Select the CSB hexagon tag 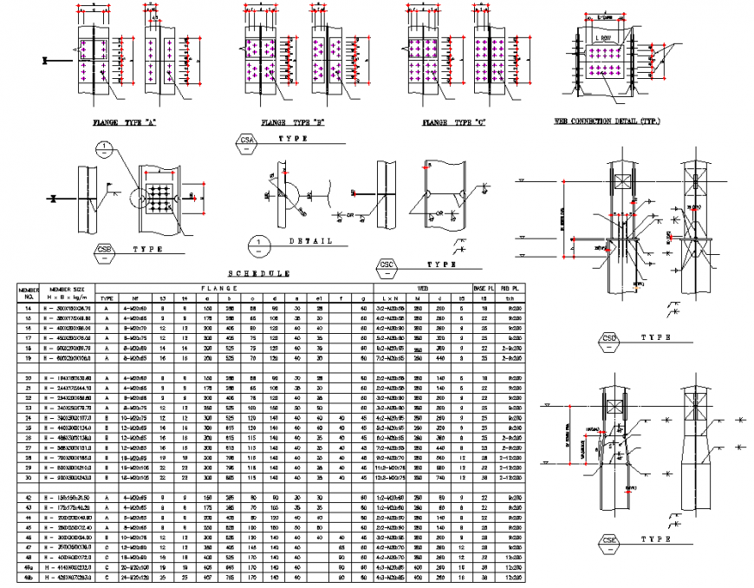point(105,252)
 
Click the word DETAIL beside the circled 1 point(310,241)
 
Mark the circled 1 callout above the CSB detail point(103,147)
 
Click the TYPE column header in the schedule point(107,297)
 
